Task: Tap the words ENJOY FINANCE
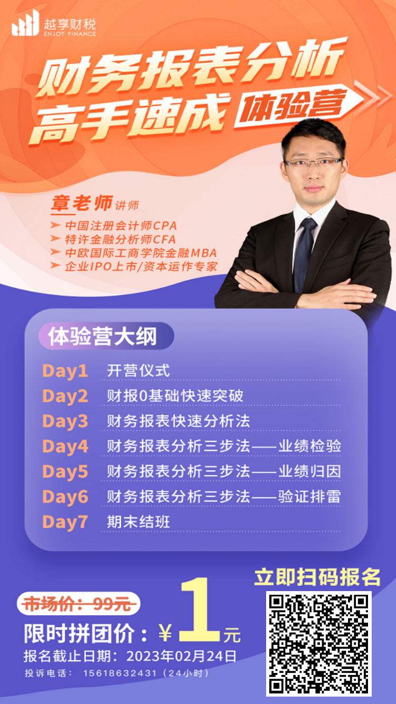point(70,34)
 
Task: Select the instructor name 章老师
point(82,203)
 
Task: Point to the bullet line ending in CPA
point(114,226)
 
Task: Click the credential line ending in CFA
point(113,240)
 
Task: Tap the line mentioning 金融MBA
point(134,253)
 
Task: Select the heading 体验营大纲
point(102,337)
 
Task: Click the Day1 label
point(65,371)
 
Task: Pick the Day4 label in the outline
point(65,446)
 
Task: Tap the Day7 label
point(65,522)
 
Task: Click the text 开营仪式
point(138,371)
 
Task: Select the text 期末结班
point(138,522)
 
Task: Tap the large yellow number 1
point(200,610)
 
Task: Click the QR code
point(318,644)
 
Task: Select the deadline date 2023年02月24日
point(182,656)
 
